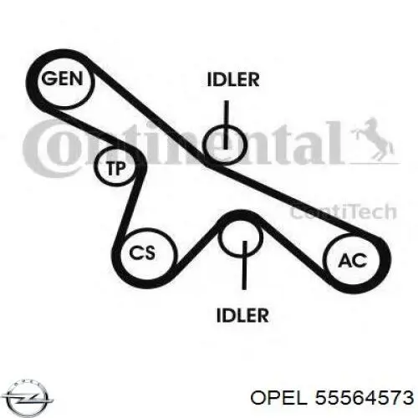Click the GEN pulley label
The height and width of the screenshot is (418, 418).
[62, 79]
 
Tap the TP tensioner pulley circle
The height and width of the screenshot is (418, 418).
[96, 167]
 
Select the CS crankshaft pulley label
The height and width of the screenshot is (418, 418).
[142, 253]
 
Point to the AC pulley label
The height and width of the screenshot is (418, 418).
[353, 261]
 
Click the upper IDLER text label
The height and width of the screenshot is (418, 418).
[233, 79]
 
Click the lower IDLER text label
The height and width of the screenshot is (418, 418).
[242, 315]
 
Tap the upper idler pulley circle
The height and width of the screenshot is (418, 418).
[204, 144]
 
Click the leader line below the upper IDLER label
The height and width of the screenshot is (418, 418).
[227, 125]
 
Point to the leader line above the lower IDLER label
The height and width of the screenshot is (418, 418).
[244, 265]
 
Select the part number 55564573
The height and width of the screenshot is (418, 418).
[364, 397]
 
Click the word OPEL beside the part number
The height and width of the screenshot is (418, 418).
[279, 398]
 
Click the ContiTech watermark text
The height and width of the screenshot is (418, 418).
[344, 212]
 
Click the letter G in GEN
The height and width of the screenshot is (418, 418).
[48, 79]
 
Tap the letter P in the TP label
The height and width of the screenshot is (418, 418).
[121, 168]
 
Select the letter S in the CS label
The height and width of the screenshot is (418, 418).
[149, 253]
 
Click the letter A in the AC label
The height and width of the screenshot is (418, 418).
[345, 261]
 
